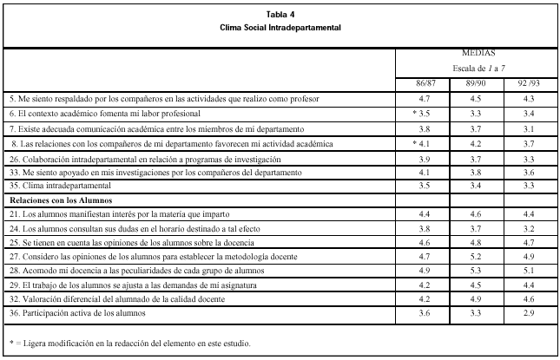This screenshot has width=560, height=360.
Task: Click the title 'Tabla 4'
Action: [x=280, y=14]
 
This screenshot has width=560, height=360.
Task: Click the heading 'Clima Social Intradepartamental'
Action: [x=280, y=27]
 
